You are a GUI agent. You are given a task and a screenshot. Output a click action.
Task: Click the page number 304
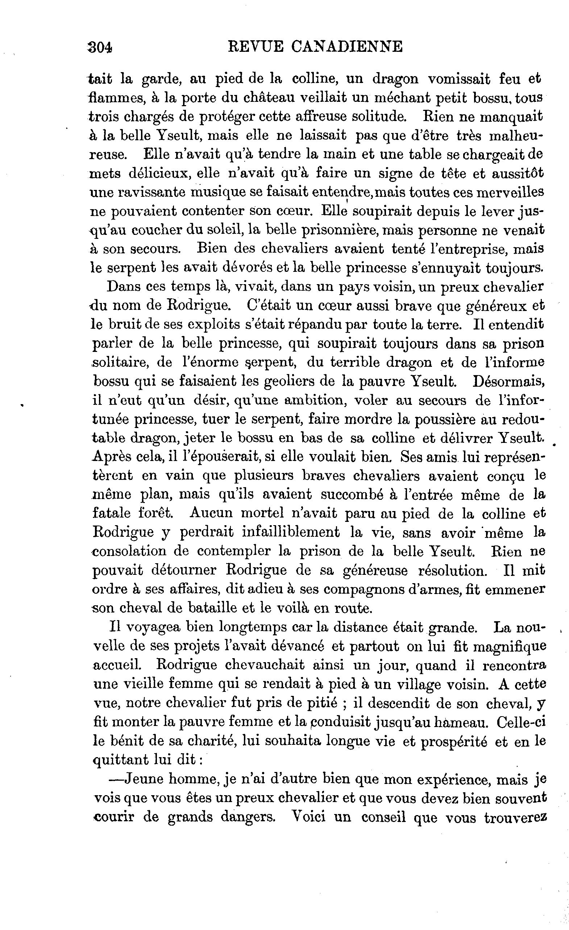pos(100,47)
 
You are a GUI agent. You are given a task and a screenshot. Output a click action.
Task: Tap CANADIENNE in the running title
pos(347,47)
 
